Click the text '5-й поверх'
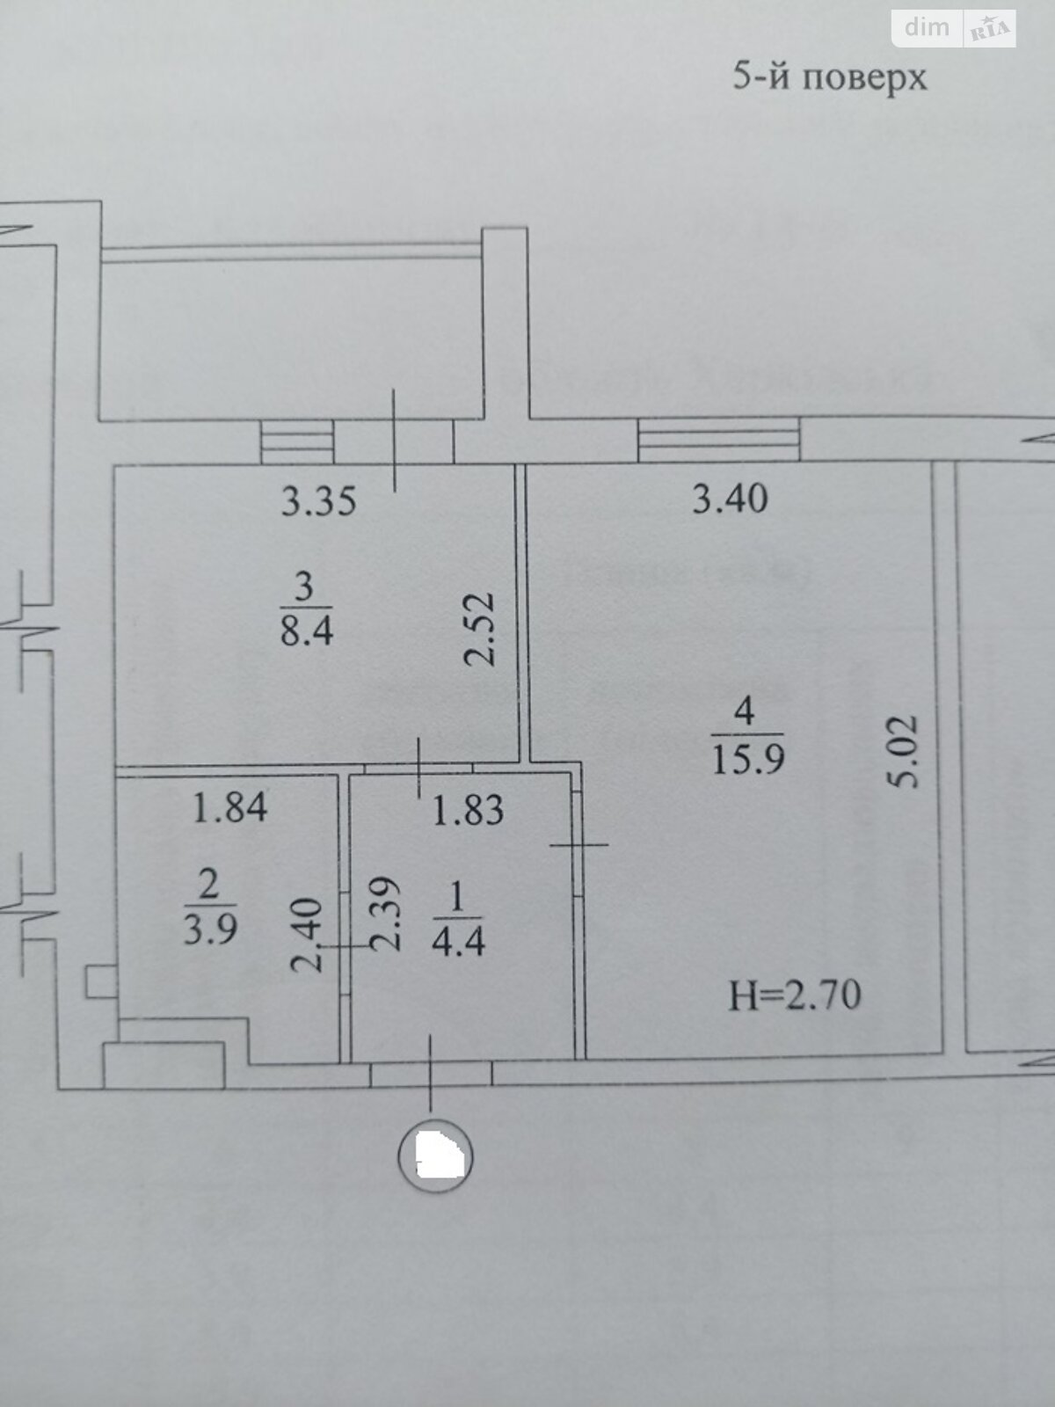click(x=829, y=77)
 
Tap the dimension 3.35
click(x=318, y=501)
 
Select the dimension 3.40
click(x=730, y=499)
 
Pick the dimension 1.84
click(x=229, y=807)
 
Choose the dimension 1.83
click(x=468, y=810)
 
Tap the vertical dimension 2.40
click(x=306, y=935)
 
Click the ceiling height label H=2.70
click(x=795, y=995)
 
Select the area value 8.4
click(x=307, y=630)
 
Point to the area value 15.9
click(x=747, y=758)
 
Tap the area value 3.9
click(x=210, y=929)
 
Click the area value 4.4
click(x=458, y=941)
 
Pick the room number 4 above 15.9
click(x=745, y=711)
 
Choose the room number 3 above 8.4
click(x=304, y=587)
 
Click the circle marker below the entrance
click(x=435, y=1154)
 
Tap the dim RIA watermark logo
click(x=954, y=28)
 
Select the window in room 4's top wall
click(x=718, y=439)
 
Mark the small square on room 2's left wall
click(x=100, y=981)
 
